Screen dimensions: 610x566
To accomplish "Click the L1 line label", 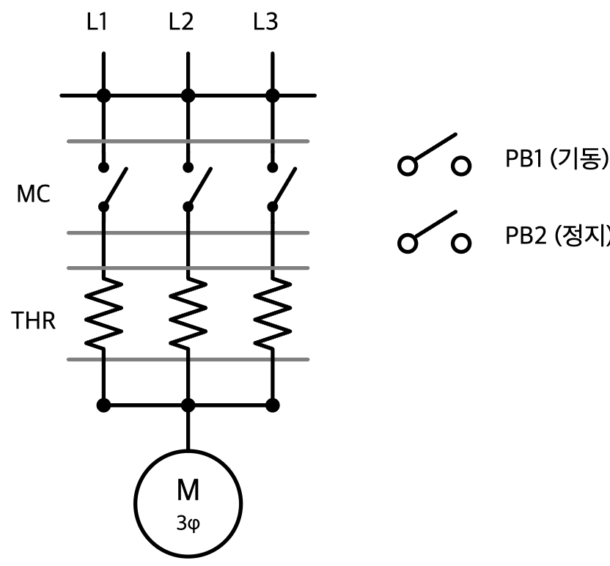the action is pyautogui.click(x=97, y=22).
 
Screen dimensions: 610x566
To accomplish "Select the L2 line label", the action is pyautogui.click(x=181, y=22).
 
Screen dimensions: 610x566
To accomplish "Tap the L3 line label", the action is pyautogui.click(x=265, y=22).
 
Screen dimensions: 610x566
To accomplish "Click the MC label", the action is pyautogui.click(x=34, y=194).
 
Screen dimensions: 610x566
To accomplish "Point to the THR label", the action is pyautogui.click(x=34, y=320).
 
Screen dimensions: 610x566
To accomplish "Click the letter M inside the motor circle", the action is pyautogui.click(x=188, y=490).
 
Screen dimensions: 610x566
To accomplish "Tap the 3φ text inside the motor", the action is pyautogui.click(x=188, y=523).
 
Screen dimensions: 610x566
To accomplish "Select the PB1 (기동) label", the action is pyautogui.click(x=556, y=158).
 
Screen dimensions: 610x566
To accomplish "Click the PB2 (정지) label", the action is pyautogui.click(x=557, y=235).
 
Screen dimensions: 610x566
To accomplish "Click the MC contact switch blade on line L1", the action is pyautogui.click(x=115, y=188).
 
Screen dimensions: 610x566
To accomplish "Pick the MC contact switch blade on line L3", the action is pyautogui.click(x=284, y=188).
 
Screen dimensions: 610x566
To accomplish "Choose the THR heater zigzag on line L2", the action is pyautogui.click(x=188, y=312).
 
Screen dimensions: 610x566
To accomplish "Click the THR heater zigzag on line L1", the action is pyautogui.click(x=104, y=312).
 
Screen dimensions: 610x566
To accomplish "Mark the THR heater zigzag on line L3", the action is pyautogui.click(x=273, y=312).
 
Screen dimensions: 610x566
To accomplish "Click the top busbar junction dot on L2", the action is pyautogui.click(x=188, y=95).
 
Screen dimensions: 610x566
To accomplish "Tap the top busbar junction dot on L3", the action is pyautogui.click(x=273, y=95).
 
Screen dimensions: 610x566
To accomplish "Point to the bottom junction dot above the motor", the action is pyautogui.click(x=188, y=405).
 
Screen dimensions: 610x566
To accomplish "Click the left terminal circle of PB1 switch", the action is pyautogui.click(x=408, y=166).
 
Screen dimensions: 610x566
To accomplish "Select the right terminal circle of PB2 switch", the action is pyautogui.click(x=461, y=243).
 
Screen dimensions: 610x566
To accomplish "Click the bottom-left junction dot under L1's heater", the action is pyautogui.click(x=104, y=405).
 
